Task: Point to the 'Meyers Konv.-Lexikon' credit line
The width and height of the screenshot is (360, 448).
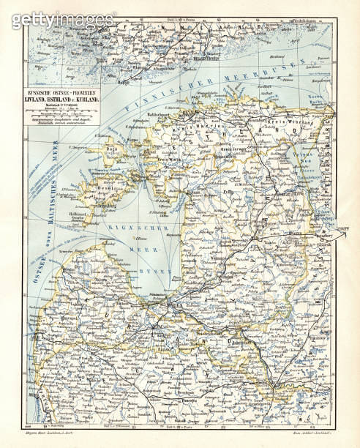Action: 59,436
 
